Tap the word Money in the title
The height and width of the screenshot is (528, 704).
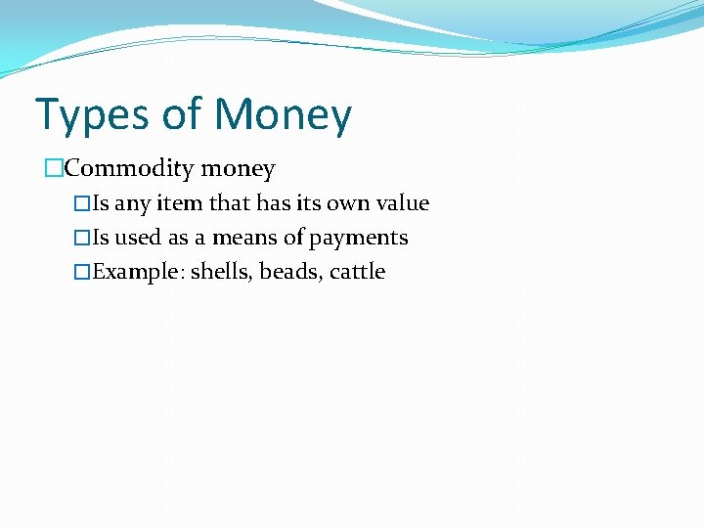pyautogui.click(x=283, y=115)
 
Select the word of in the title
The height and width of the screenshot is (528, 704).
pyautogui.click(x=182, y=115)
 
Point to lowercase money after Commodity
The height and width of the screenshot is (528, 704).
pyautogui.click(x=238, y=169)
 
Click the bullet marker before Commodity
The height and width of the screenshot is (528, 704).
pyautogui.click(x=54, y=169)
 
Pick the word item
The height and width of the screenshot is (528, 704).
pyautogui.click(x=182, y=203)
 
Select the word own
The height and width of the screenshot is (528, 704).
pyautogui.click(x=345, y=203)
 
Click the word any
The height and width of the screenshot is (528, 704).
pyautogui.click(x=135, y=203)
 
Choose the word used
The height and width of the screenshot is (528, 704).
pyautogui.click(x=138, y=238)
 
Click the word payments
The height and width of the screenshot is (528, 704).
pyautogui.click(x=359, y=238)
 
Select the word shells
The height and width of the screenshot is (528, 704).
pyautogui.click(x=221, y=272)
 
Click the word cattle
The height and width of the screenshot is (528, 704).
pyautogui.click(x=358, y=272)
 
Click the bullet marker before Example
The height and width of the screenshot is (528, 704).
pyautogui.click(x=83, y=272)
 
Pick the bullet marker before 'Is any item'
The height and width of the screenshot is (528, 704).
pyautogui.click(x=83, y=203)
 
